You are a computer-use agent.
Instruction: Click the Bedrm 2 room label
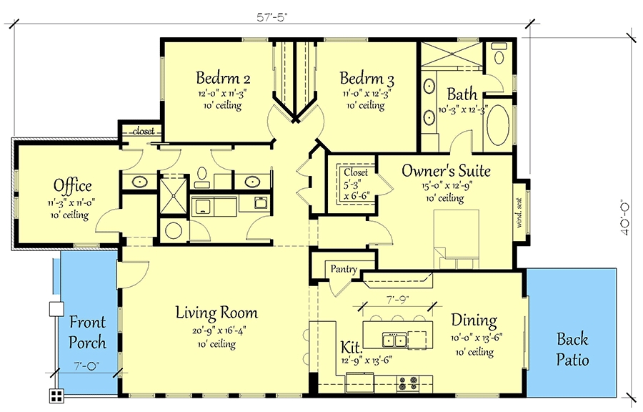[223, 77]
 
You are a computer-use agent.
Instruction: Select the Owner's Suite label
[446, 170]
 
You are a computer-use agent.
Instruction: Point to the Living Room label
[216, 313]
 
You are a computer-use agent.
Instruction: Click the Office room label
[73, 185]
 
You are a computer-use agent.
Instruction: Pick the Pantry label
[344, 269]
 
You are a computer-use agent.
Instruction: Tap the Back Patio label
[572, 349]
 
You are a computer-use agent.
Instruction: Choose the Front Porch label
[87, 332]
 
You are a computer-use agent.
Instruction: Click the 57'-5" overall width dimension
[272, 17]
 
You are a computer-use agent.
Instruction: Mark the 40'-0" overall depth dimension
[625, 217]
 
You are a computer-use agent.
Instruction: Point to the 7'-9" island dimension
[398, 300]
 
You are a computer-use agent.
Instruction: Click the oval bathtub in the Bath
[498, 125]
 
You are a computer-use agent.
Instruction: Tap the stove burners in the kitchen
[408, 383]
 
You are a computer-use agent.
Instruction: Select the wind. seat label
[519, 213]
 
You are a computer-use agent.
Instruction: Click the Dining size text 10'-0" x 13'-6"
[477, 338]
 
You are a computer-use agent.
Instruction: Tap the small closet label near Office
[144, 132]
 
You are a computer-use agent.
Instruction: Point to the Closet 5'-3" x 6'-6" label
[356, 184]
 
